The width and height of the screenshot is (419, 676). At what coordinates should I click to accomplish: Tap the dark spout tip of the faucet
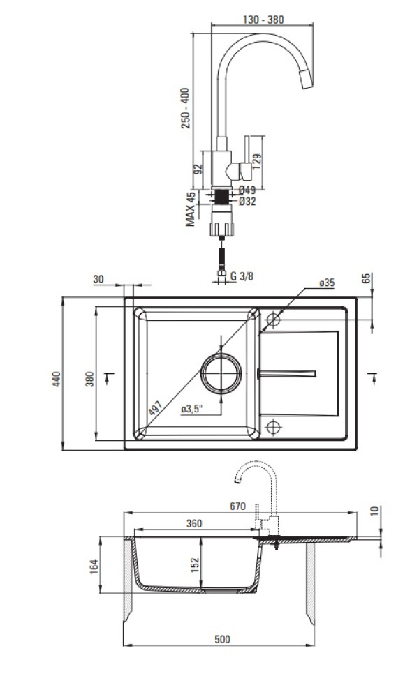tap(307, 81)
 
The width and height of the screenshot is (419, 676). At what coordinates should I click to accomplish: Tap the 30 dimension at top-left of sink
tap(98, 279)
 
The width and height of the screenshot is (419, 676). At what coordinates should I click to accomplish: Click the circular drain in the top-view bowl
tap(221, 372)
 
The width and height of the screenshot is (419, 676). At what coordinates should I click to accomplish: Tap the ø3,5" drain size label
tap(191, 410)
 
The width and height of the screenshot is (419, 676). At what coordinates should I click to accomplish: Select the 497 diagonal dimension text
tap(155, 409)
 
